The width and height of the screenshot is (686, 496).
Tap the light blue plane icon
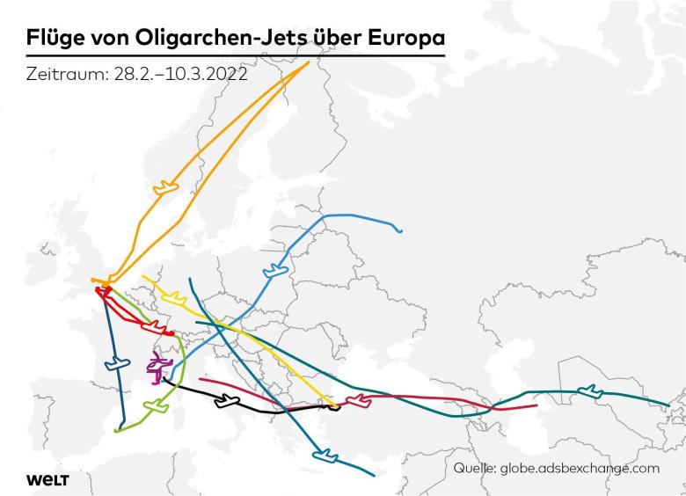[275, 268]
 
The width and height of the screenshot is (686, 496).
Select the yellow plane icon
[174, 296]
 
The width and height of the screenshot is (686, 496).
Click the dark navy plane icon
[114, 362]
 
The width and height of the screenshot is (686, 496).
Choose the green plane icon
[156, 408]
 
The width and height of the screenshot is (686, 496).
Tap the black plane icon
[227, 401]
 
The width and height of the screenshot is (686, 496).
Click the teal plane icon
[589, 390]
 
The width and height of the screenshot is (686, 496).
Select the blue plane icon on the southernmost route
[325, 455]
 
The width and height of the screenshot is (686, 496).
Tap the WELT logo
[47, 479]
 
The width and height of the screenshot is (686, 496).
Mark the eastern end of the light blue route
[401, 231]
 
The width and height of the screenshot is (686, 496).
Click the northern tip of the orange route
[308, 62]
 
